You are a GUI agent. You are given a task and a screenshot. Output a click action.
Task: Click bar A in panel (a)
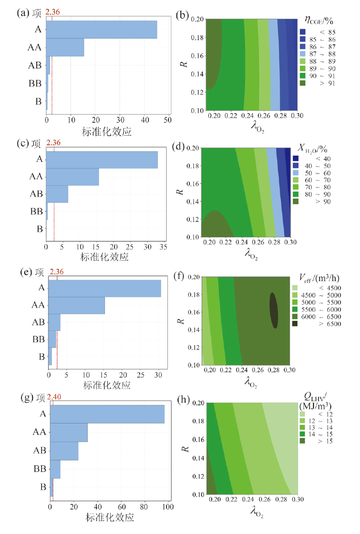coord(101,30)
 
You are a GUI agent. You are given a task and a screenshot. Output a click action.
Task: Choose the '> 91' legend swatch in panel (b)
coord(303,83)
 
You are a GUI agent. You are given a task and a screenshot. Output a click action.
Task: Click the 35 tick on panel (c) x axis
coord(162,247)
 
